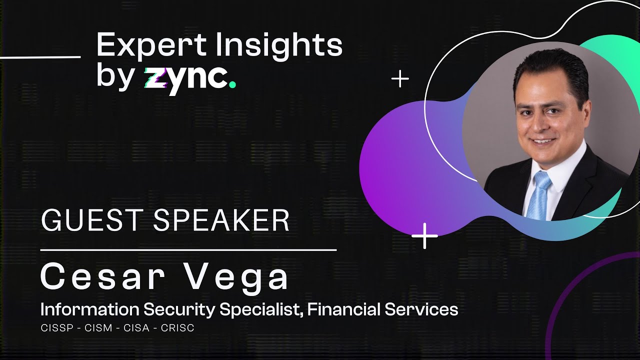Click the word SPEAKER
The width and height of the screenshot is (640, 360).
click(x=221, y=220)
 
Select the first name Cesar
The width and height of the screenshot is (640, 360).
click(x=102, y=277)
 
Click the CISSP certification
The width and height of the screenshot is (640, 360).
click(x=55, y=328)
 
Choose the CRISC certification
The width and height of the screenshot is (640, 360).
click(x=177, y=328)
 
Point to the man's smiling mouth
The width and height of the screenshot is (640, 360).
click(x=543, y=141)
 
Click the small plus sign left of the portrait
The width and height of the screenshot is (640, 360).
click(x=400, y=79)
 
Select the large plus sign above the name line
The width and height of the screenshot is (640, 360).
click(x=424, y=235)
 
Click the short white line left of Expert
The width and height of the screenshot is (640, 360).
click(x=40, y=57)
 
